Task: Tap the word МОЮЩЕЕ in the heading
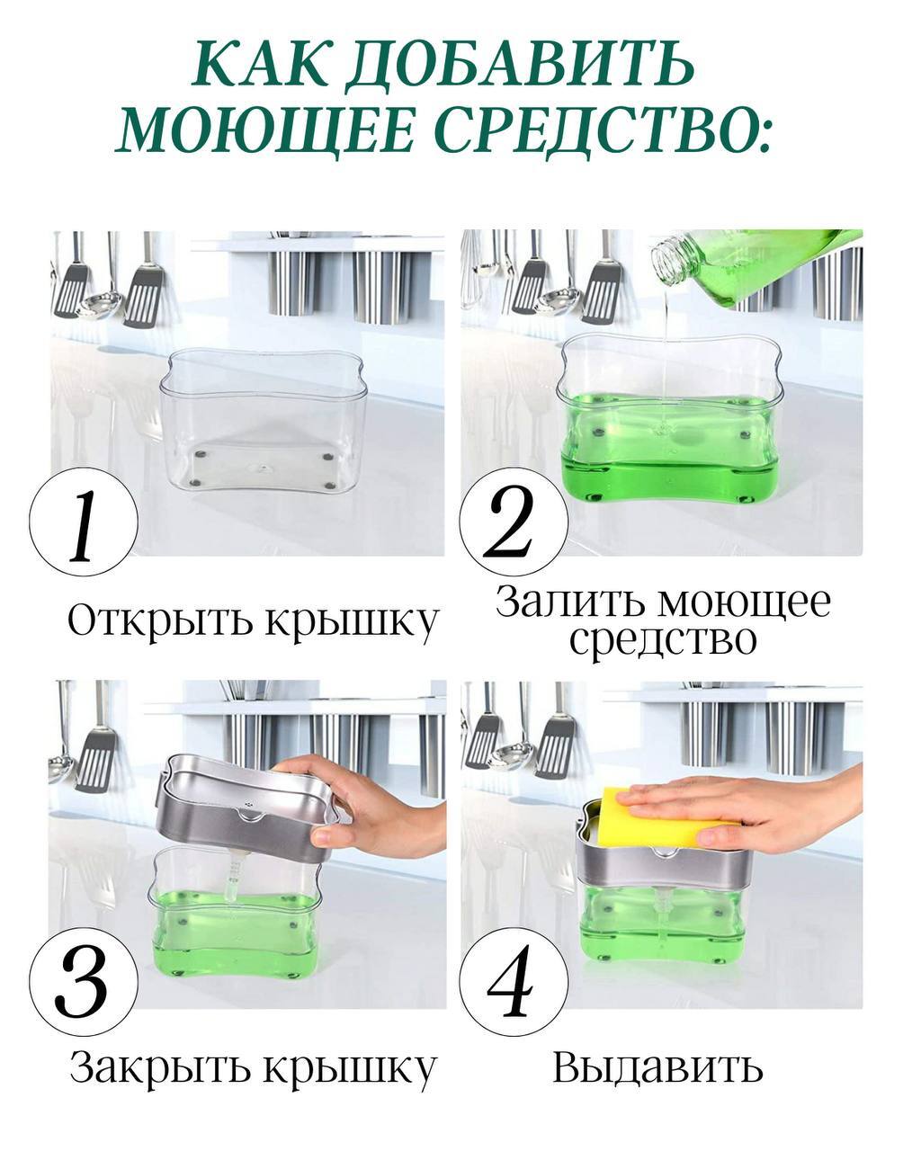click(x=266, y=130)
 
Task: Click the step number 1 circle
click(x=84, y=522)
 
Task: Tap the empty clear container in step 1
click(x=263, y=419)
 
